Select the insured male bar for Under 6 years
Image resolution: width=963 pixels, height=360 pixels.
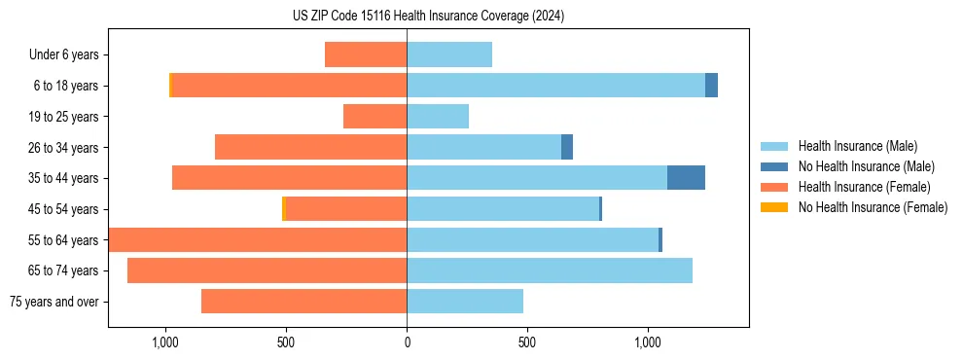449,54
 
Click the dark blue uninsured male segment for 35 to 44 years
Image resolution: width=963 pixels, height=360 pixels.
686,178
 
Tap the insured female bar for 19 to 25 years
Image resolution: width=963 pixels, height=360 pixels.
374,117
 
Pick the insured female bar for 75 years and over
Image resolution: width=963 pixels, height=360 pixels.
303,302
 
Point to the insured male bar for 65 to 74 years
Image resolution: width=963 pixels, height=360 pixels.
550,270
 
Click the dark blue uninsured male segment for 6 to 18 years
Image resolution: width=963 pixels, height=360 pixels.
711,86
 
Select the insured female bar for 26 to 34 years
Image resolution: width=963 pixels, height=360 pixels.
310,147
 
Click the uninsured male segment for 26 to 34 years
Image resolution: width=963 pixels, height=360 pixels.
567,147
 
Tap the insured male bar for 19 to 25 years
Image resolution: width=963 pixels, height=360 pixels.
438,117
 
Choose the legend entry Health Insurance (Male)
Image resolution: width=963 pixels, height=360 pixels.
857,146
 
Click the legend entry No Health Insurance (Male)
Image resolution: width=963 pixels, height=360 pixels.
866,166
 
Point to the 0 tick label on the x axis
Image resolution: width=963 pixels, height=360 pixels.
407,342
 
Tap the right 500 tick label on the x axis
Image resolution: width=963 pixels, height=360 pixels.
527,342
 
